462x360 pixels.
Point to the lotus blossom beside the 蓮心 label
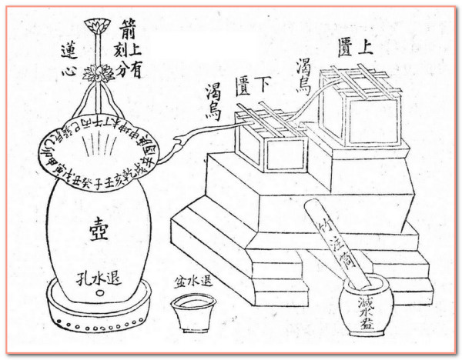(x=98, y=74)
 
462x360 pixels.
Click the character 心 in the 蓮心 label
(x=69, y=72)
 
